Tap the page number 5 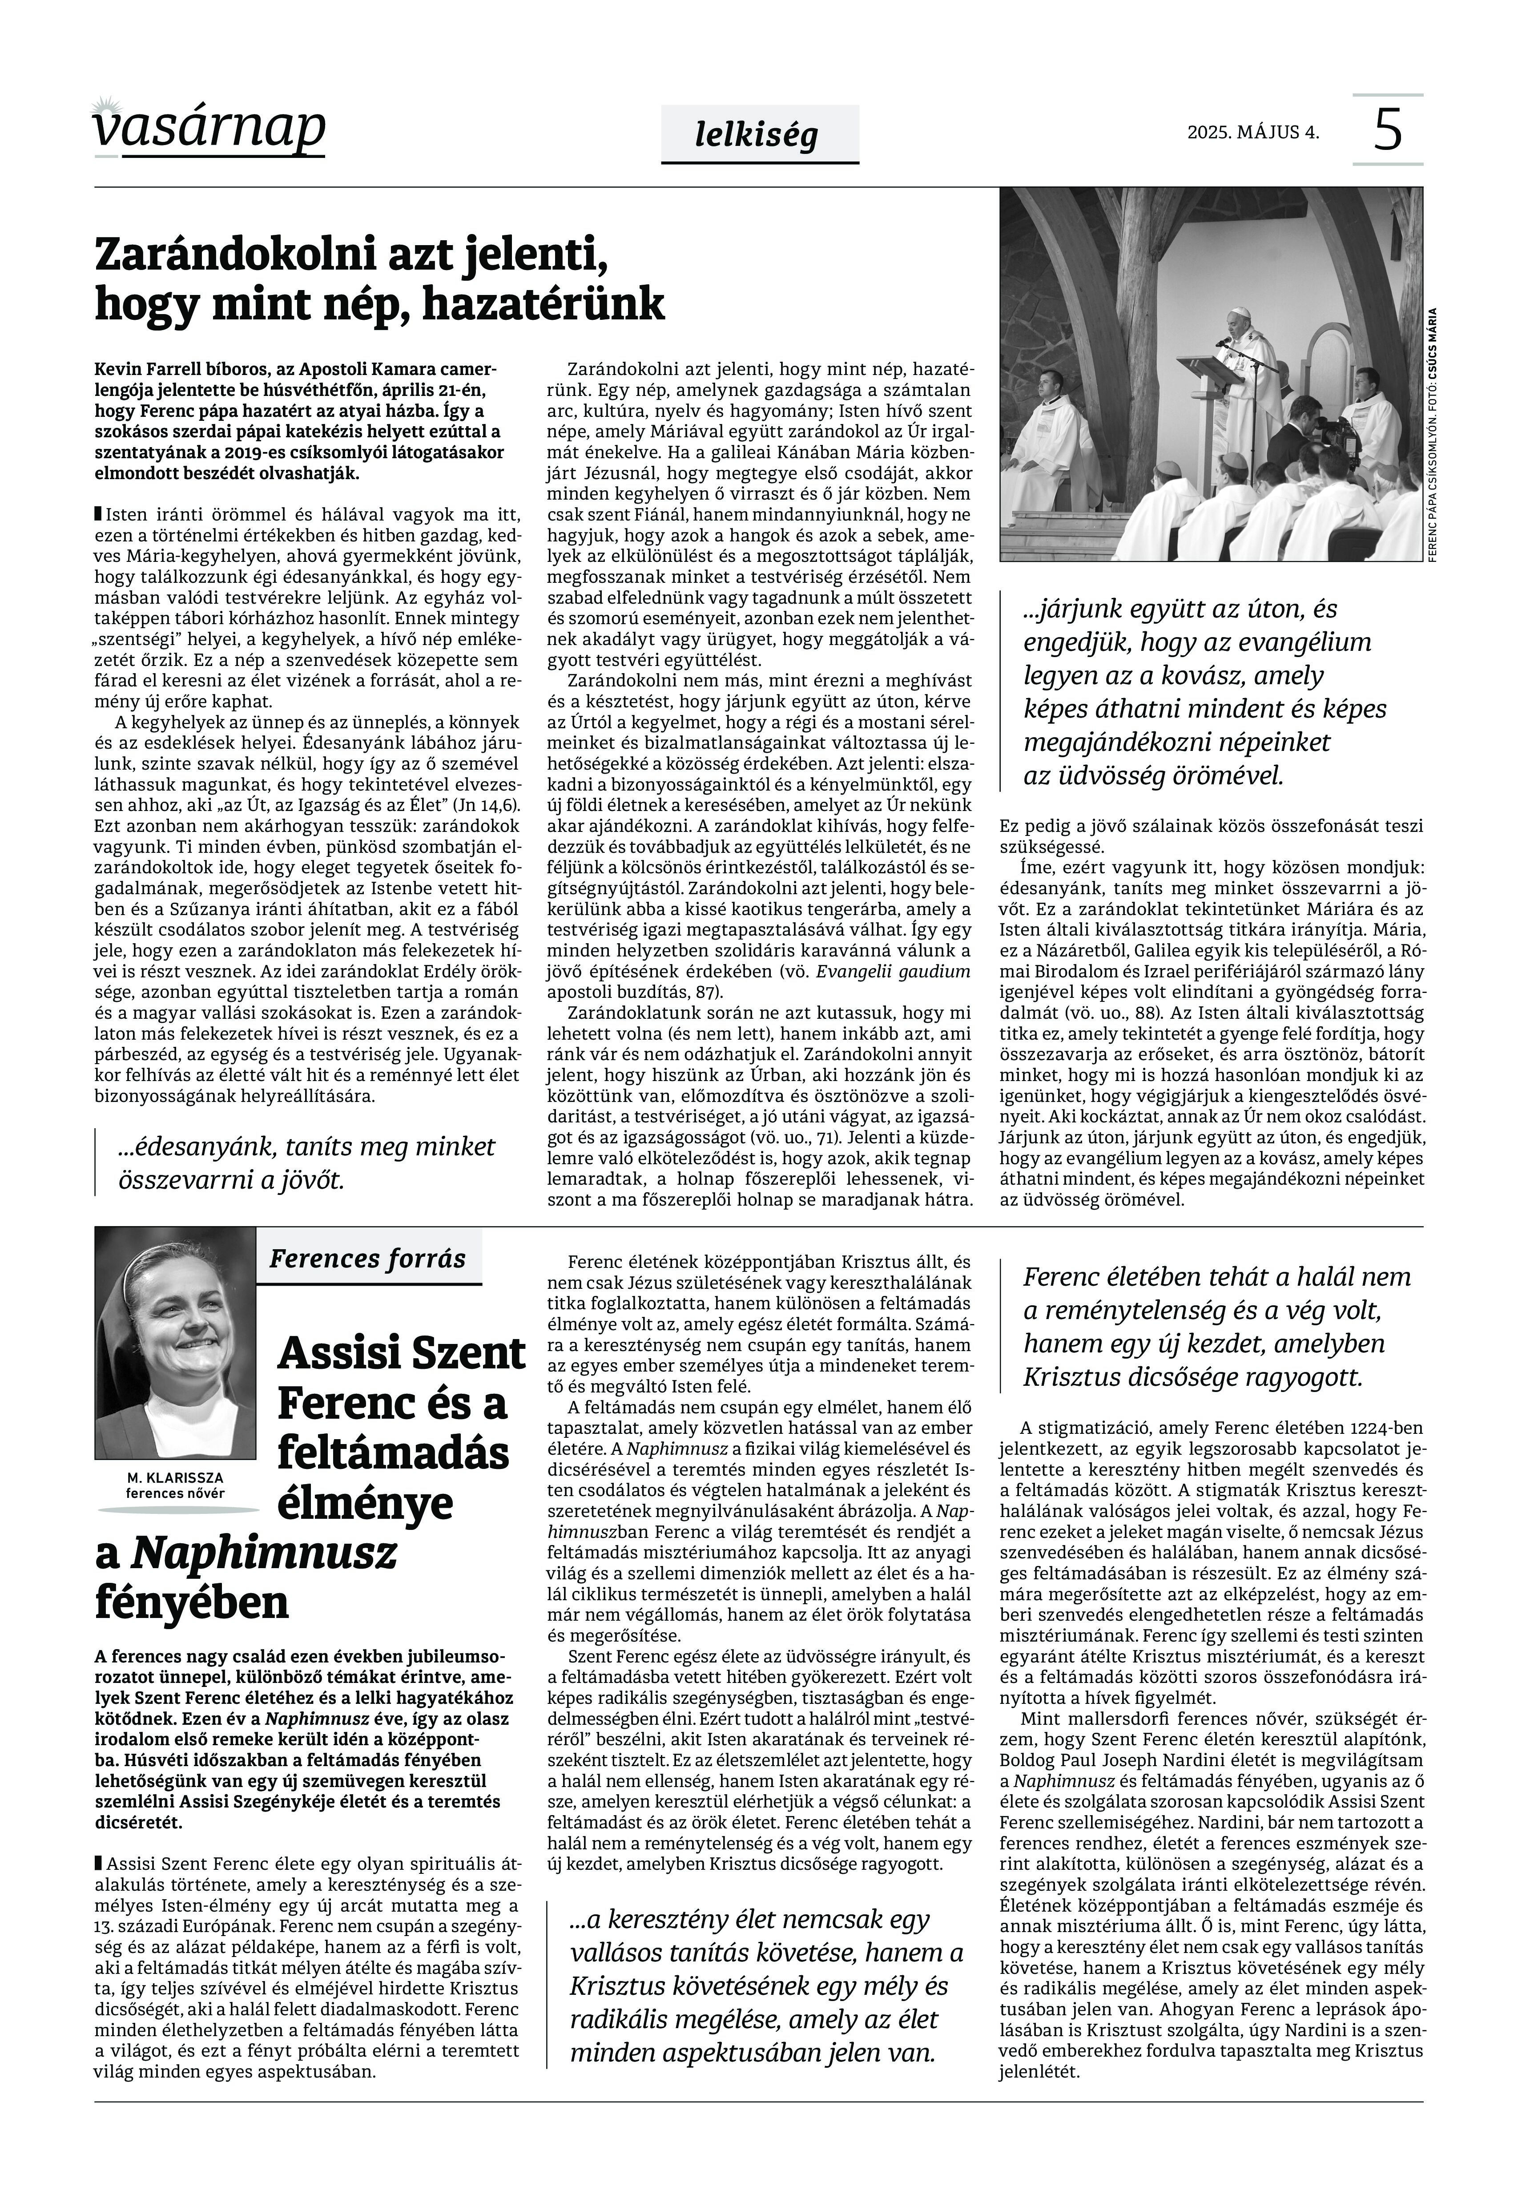click(1388, 130)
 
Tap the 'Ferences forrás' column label click(367, 1259)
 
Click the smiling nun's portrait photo click(175, 1343)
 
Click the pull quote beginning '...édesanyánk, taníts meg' click(306, 1162)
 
